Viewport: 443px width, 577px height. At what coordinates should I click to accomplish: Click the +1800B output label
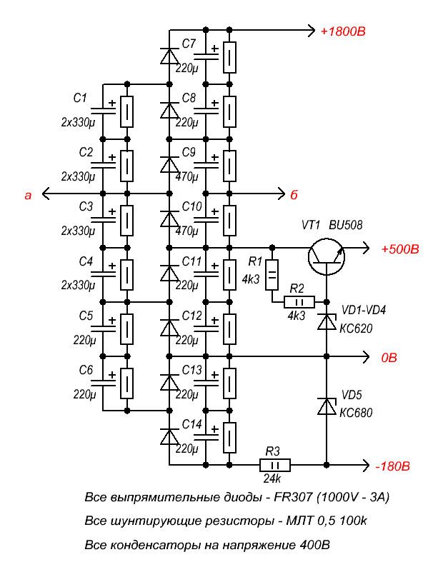pyautogui.click(x=343, y=31)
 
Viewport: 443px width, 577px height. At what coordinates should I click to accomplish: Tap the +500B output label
pyautogui.click(x=400, y=249)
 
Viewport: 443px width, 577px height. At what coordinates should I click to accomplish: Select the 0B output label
pyautogui.click(x=389, y=357)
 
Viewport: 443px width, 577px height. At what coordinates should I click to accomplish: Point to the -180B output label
pyautogui.click(x=392, y=466)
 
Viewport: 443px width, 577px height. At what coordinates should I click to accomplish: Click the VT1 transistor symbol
pyautogui.click(x=327, y=256)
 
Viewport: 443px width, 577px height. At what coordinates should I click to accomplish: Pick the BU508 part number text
pyautogui.click(x=345, y=225)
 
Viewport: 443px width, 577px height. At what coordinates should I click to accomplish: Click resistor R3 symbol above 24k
pyautogui.click(x=275, y=466)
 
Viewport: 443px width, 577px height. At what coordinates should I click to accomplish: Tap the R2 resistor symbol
pyautogui.click(x=299, y=302)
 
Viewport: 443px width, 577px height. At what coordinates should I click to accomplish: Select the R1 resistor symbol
pyautogui.click(x=272, y=274)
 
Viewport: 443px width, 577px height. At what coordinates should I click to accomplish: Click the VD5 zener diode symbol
pyautogui.click(x=327, y=406)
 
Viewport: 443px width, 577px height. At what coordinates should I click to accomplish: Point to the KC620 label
pyautogui.click(x=356, y=328)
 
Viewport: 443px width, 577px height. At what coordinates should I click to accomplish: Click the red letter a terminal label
pyautogui.click(x=28, y=196)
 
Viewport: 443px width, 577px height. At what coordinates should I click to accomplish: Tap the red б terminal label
pyautogui.click(x=294, y=194)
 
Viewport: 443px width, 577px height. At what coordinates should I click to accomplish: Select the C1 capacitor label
pyautogui.click(x=80, y=98)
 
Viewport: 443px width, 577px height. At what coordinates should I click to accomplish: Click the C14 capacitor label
pyautogui.click(x=192, y=424)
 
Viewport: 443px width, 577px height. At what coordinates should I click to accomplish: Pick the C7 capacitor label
pyautogui.click(x=189, y=44)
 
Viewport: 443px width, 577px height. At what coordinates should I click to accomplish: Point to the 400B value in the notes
pyautogui.click(x=314, y=544)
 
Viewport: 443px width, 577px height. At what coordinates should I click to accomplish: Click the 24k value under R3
pyautogui.click(x=272, y=478)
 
